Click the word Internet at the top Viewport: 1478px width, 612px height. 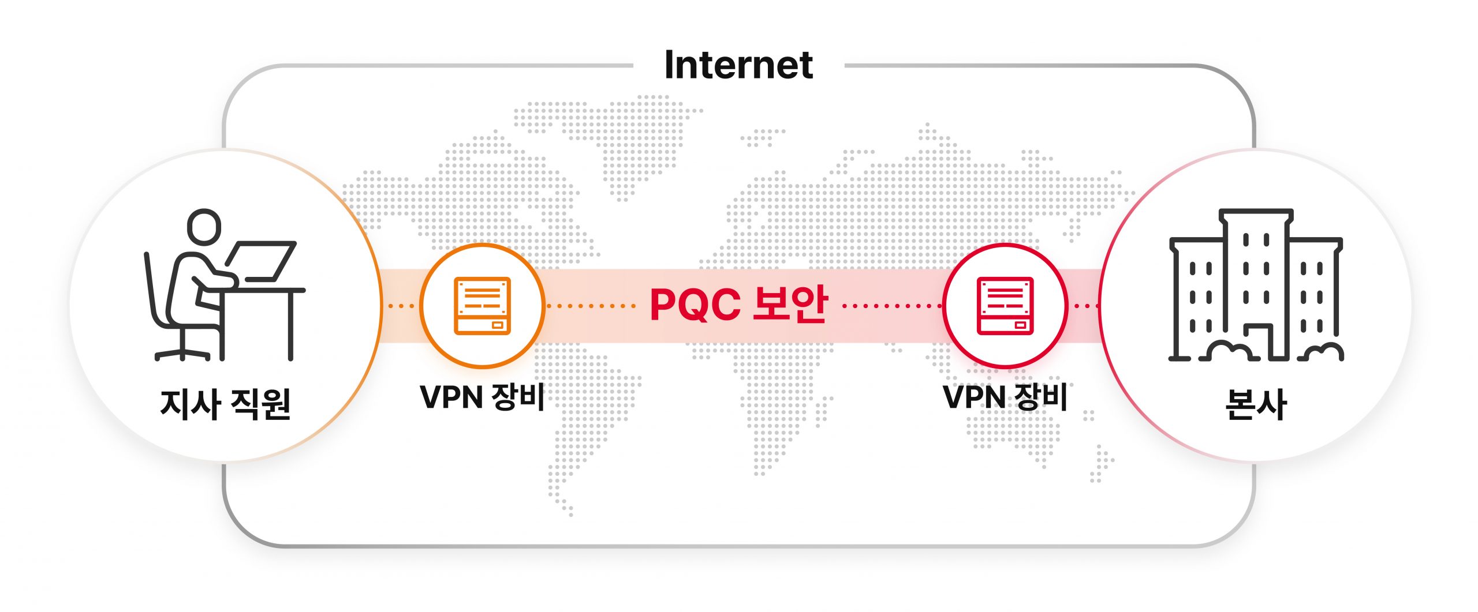tap(738, 65)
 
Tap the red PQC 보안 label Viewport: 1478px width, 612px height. tap(738, 304)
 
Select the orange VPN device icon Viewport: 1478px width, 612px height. tap(482, 306)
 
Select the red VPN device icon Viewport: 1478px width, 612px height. tap(1005, 306)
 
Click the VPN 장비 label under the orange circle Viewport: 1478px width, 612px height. tap(482, 397)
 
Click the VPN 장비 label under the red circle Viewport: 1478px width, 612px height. tap(1005, 397)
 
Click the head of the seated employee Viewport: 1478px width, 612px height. tap(204, 227)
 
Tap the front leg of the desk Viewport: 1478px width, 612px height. tap(291, 326)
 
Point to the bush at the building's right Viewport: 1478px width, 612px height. tap(1322, 351)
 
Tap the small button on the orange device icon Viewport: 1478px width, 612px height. tap(498, 325)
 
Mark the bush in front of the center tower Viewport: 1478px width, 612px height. tap(1227, 350)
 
